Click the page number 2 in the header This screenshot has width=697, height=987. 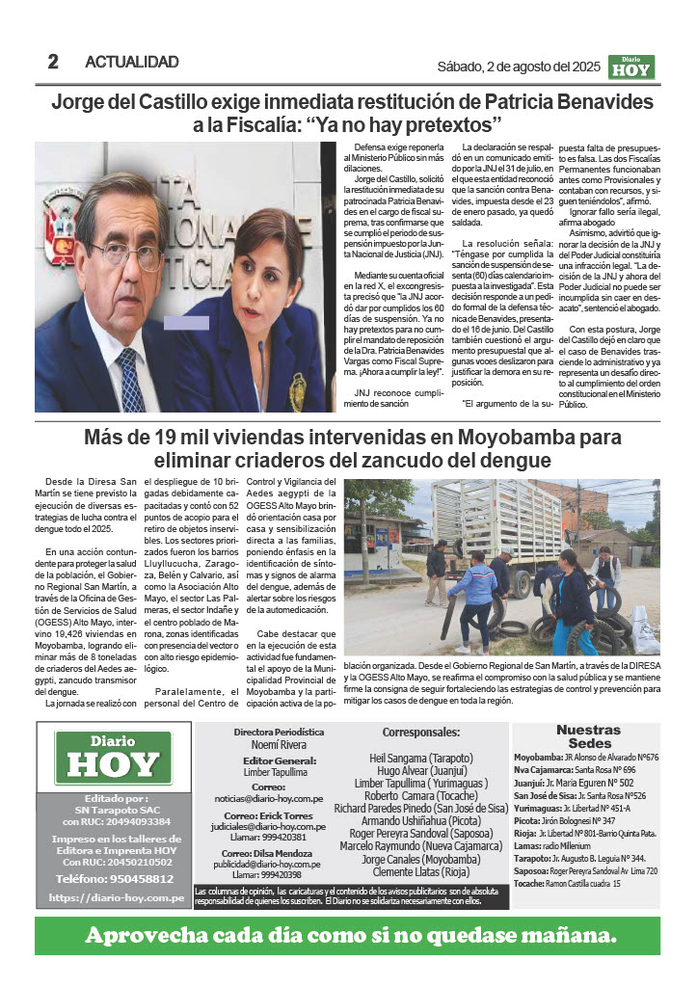(53, 62)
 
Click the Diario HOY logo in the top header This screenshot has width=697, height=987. (632, 67)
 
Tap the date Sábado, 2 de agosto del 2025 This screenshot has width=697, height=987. (519, 67)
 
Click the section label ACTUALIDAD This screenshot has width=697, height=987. (132, 62)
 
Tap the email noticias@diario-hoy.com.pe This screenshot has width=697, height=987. (281, 799)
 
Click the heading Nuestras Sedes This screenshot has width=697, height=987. (588, 737)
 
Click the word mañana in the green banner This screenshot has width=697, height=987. (558, 935)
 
